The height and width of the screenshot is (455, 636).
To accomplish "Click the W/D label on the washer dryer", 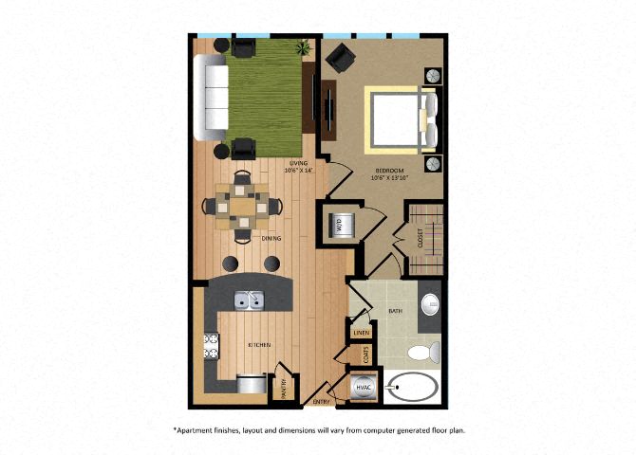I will click(x=338, y=225).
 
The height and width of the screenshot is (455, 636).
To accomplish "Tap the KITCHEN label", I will click(x=259, y=344).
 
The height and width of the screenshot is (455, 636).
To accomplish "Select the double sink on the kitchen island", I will click(x=250, y=300).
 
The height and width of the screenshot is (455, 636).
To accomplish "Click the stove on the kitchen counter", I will click(x=211, y=350).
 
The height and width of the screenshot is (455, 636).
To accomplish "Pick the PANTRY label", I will click(x=281, y=387).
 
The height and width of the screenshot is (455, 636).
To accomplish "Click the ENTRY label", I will click(x=322, y=402).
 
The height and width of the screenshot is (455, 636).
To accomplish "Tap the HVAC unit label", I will click(x=363, y=387).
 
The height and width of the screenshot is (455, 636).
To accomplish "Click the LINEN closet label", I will click(x=360, y=333).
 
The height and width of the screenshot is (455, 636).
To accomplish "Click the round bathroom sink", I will click(x=430, y=305).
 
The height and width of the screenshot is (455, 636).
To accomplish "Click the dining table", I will click(x=245, y=205).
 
